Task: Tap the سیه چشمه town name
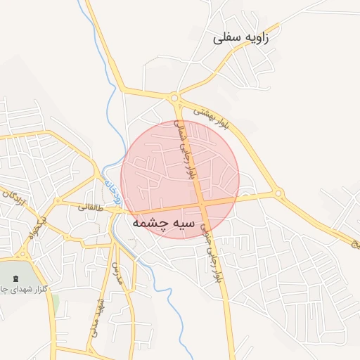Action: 162,222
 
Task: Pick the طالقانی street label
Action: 89,207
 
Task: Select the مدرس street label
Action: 118,271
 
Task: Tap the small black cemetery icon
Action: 15,278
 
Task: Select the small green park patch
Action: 55,304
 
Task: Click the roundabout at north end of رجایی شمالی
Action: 175,98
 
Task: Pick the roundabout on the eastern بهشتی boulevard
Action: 278,192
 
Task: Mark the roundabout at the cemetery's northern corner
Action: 23,254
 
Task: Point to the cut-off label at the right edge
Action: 356,244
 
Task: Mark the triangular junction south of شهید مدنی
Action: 90,349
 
